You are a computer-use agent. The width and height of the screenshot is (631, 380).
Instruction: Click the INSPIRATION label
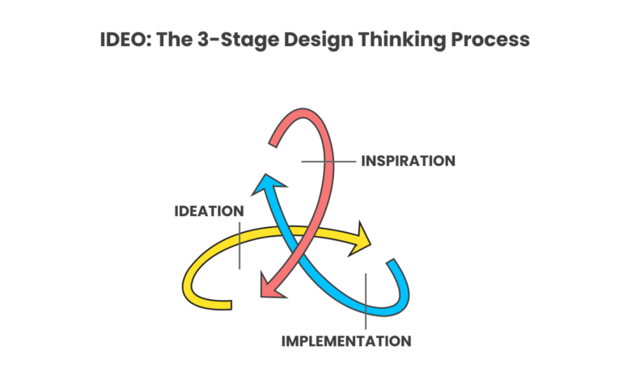coord(408,161)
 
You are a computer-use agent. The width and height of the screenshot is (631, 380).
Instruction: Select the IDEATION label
coord(209,211)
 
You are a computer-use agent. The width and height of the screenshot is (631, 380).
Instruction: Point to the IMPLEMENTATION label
coord(345,340)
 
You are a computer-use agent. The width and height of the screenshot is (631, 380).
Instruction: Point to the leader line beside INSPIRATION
coord(328,162)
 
